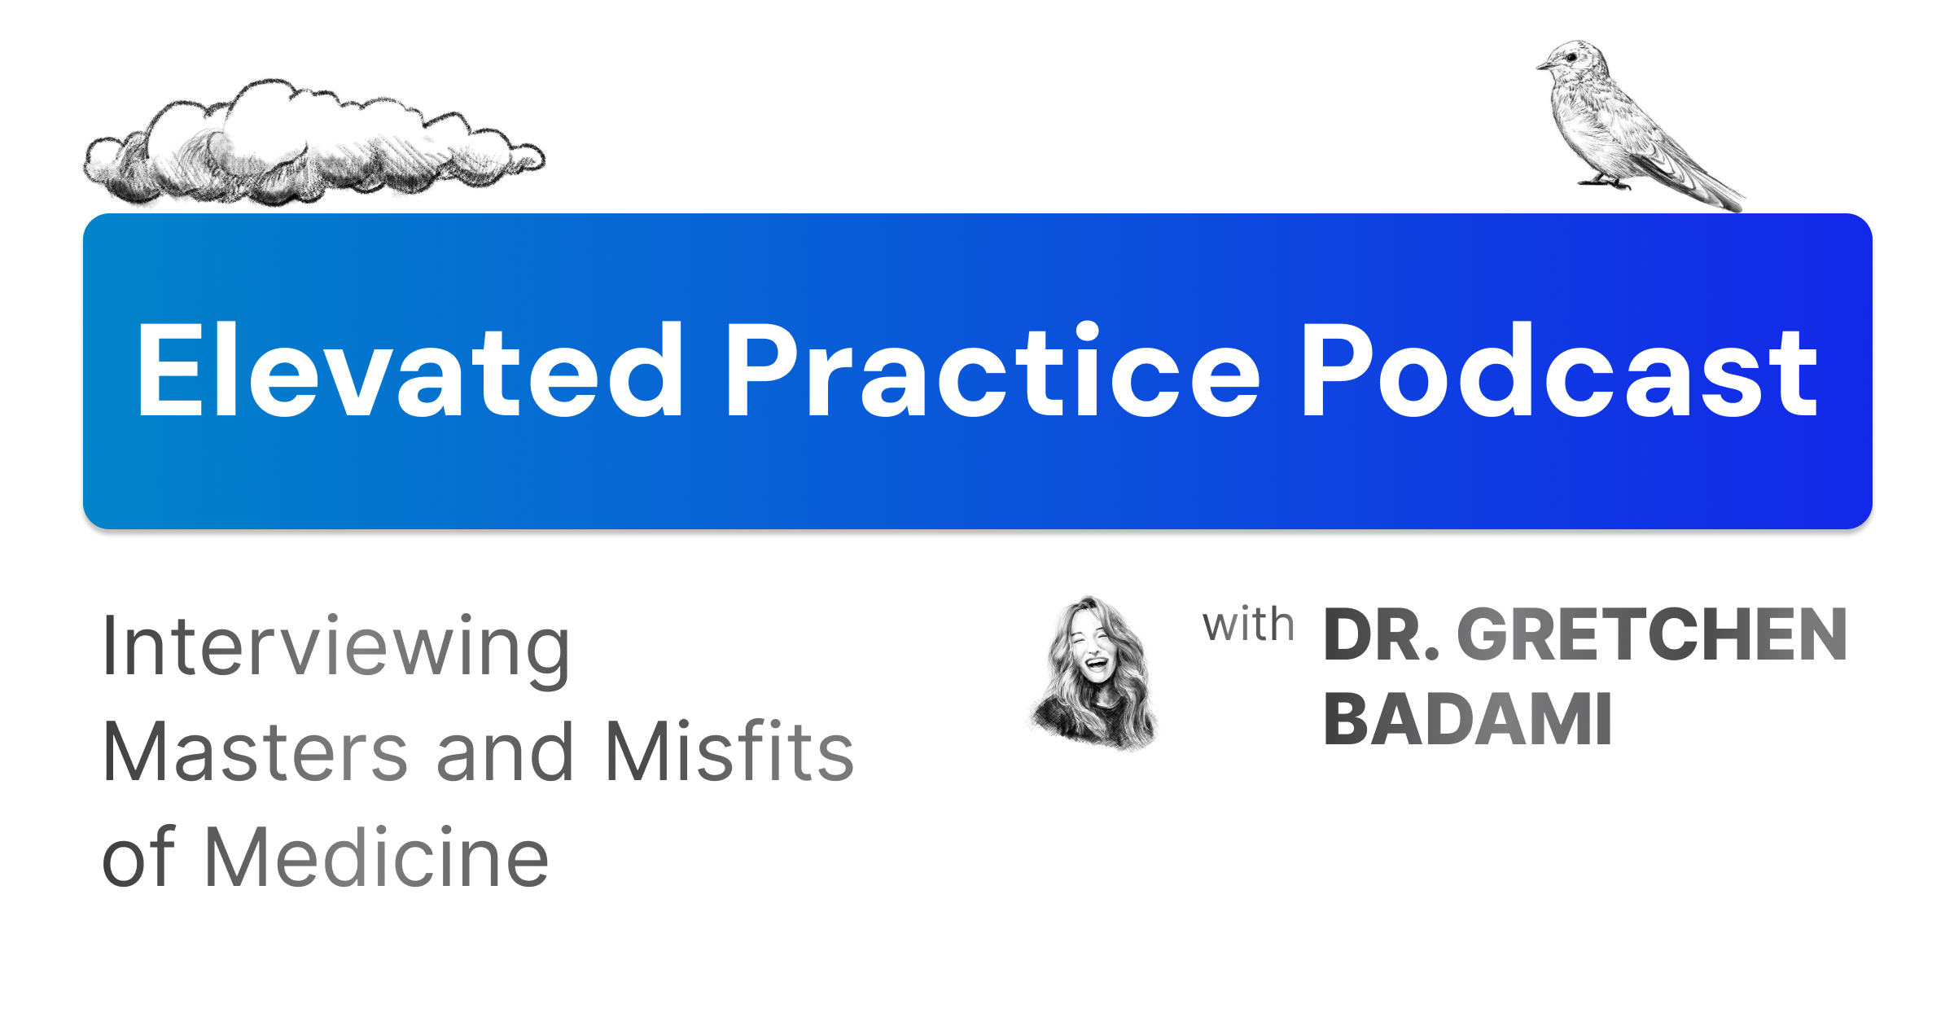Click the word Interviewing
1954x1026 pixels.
335,647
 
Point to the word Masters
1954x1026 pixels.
254,752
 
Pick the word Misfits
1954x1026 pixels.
729,752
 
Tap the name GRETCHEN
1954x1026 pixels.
1651,636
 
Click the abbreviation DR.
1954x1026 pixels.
1380,636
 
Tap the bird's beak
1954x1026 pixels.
1542,66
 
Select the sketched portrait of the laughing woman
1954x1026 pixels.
1093,673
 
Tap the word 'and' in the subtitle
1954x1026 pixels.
505,752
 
